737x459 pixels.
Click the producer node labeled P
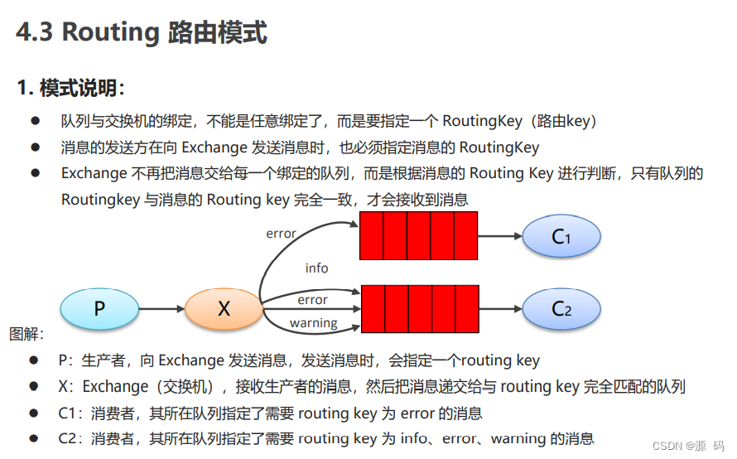click(x=99, y=309)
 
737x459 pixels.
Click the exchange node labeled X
click(x=224, y=309)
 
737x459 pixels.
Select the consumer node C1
click(x=561, y=236)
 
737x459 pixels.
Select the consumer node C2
click(x=561, y=309)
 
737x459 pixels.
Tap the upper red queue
click(x=418, y=235)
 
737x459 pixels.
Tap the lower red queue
click(x=420, y=309)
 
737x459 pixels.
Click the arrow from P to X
click(x=161, y=309)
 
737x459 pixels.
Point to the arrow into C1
click(x=500, y=236)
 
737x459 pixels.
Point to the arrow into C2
click(x=500, y=309)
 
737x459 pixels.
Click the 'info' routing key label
click(x=316, y=268)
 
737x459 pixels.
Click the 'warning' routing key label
click(x=313, y=323)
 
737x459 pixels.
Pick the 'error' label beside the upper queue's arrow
click(x=281, y=233)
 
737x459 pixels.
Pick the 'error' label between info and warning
click(x=312, y=300)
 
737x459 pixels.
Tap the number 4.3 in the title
click(x=35, y=33)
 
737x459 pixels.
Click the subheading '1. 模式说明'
click(x=70, y=87)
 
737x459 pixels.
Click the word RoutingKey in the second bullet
click(x=499, y=147)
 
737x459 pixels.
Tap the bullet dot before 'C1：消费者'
click(x=35, y=413)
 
